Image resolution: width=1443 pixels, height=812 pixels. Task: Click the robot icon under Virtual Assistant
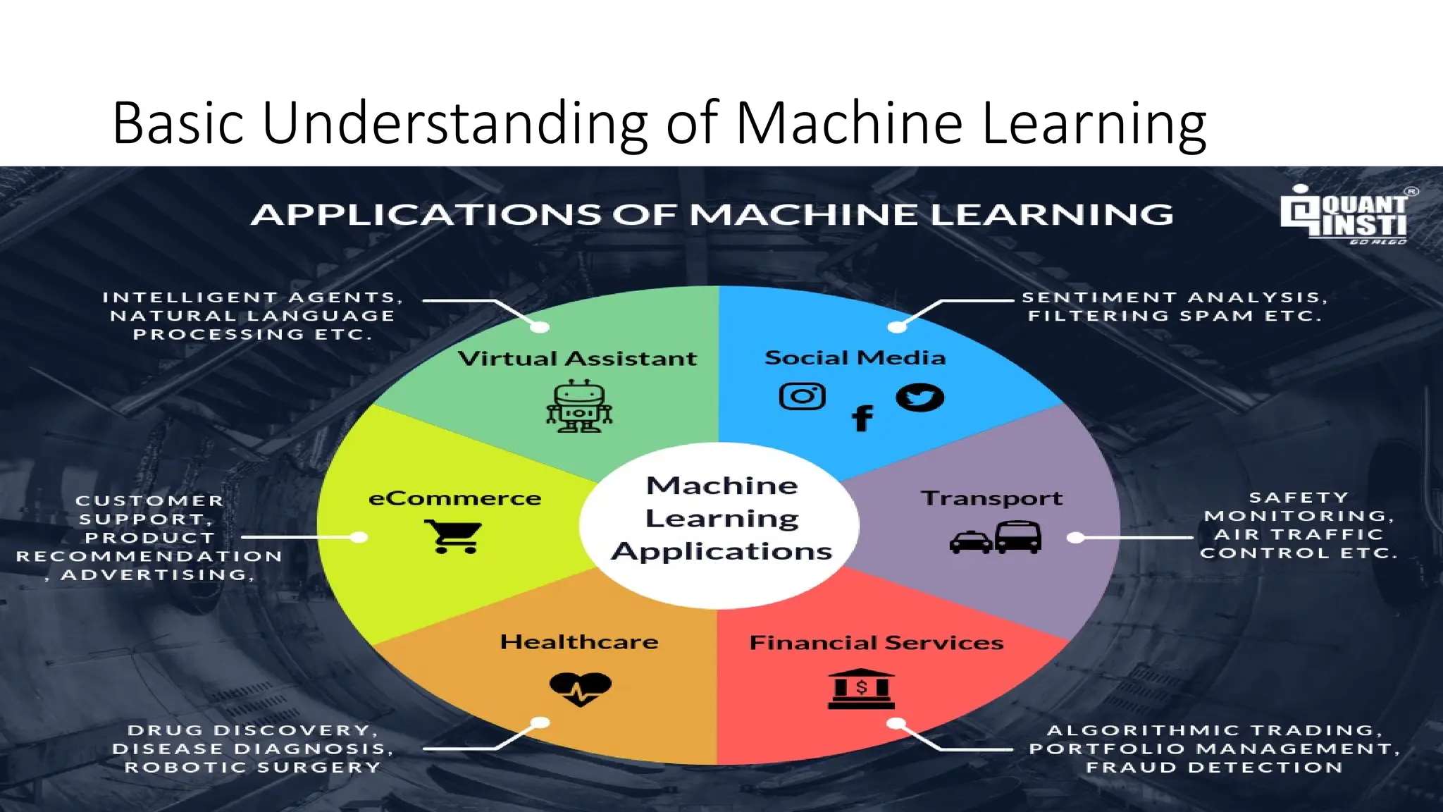(579, 406)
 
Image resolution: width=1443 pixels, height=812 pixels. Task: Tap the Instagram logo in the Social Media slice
(802, 396)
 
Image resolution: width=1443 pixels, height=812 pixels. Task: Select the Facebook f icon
(862, 418)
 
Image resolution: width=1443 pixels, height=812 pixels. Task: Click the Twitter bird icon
(919, 398)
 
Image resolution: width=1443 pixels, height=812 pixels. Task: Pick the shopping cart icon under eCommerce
(453, 536)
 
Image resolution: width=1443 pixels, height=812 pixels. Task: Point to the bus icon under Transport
(1018, 537)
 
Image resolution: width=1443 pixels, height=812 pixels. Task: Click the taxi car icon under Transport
(970, 542)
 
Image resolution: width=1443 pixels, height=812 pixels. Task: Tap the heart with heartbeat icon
(580, 688)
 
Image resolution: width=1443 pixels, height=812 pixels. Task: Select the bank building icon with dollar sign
(861, 689)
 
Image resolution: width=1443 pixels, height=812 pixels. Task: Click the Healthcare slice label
(579, 642)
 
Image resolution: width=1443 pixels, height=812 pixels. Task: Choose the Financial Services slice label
(876, 643)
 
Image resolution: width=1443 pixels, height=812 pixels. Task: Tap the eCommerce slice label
(454, 498)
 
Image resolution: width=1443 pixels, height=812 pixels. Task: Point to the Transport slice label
(991, 498)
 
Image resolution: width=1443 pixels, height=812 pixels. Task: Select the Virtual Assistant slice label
(577, 359)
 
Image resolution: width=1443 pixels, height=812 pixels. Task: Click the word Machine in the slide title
(849, 123)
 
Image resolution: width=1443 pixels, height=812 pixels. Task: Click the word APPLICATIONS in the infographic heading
(426, 215)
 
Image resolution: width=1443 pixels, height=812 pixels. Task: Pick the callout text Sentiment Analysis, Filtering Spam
(1175, 307)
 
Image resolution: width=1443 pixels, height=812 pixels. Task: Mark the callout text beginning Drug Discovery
(252, 749)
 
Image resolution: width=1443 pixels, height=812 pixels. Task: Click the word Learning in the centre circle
(721, 519)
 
